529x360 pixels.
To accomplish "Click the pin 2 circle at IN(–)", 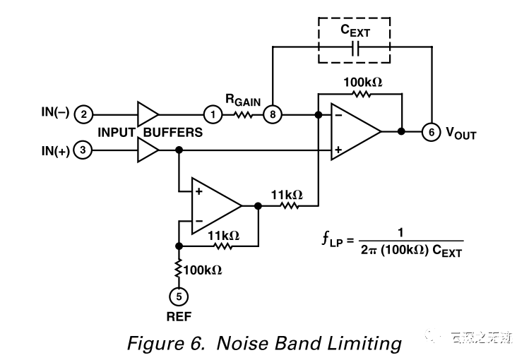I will pyautogui.click(x=83, y=114).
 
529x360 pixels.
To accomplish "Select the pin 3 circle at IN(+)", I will pyautogui.click(x=83, y=150).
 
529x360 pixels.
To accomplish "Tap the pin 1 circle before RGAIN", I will pyautogui.click(x=212, y=114).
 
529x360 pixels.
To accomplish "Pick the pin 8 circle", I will pyautogui.click(x=271, y=114).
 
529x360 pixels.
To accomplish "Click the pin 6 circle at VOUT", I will pyautogui.click(x=429, y=131).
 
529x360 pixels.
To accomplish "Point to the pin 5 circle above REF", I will pyautogui.click(x=179, y=296).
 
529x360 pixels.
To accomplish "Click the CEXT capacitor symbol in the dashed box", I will pyautogui.click(x=355, y=49).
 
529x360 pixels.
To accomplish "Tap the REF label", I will pyautogui.click(x=179, y=316).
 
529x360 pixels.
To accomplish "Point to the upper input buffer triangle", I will pyautogui.click(x=148, y=114).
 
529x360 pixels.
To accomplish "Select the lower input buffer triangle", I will pyautogui.click(x=147, y=150).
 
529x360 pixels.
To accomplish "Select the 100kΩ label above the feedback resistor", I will pyautogui.click(x=362, y=83).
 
